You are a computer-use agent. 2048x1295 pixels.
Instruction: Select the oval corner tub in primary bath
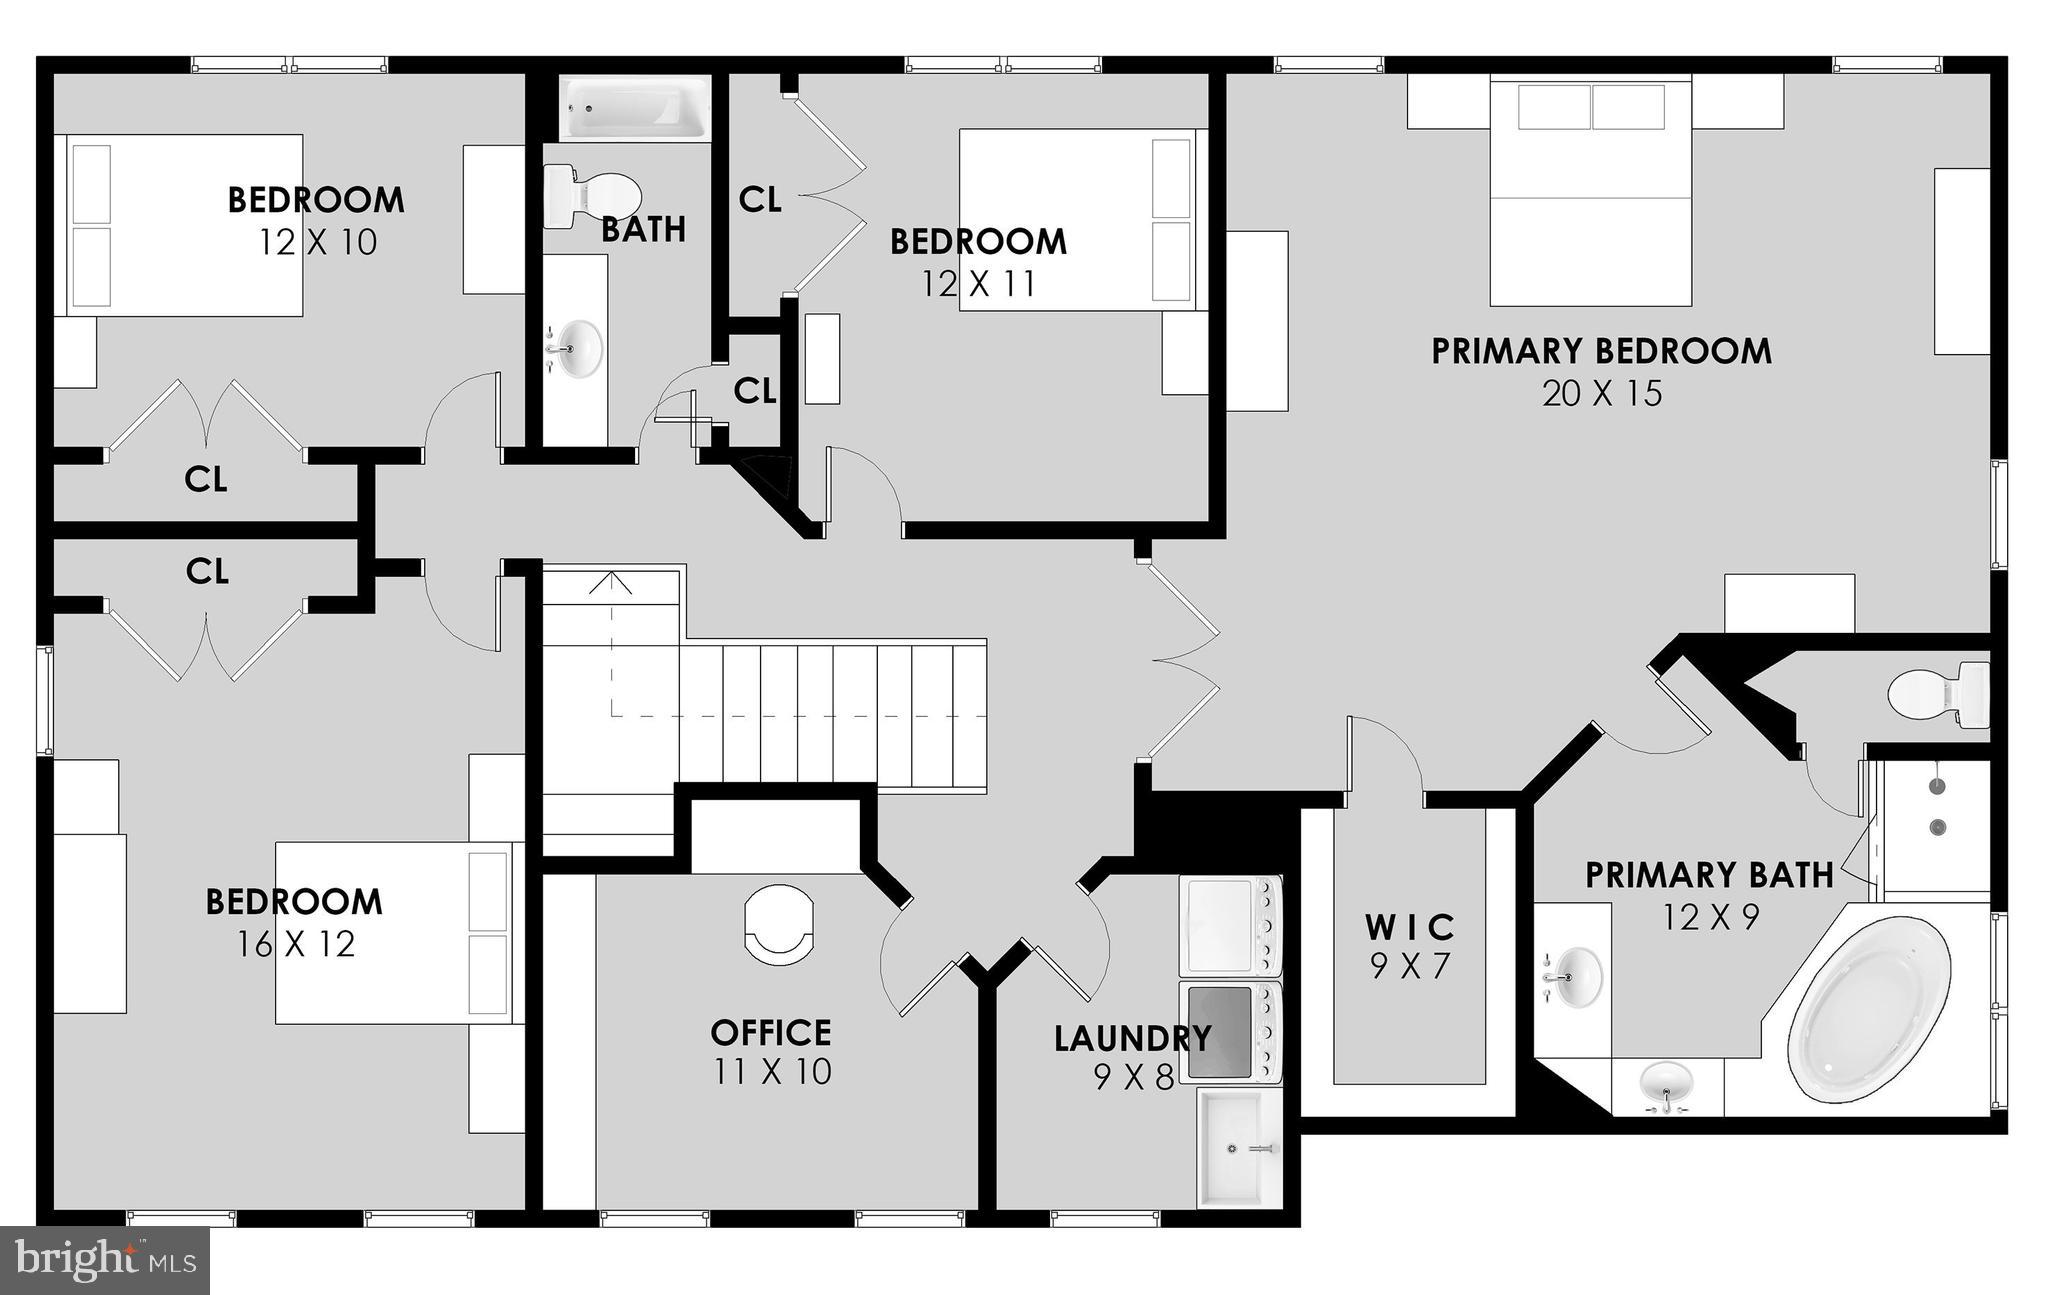click(1868, 1012)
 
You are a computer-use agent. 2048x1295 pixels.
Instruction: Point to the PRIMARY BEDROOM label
click(1601, 351)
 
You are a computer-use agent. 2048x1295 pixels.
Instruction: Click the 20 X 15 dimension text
click(1601, 394)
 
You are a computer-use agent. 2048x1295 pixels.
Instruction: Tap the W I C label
click(1410, 927)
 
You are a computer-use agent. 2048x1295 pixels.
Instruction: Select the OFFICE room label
click(770, 1032)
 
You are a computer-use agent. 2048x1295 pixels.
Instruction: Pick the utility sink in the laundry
click(1239, 1148)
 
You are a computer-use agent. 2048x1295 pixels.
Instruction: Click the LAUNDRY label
click(1132, 1039)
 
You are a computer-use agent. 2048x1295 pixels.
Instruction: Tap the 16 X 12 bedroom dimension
click(296, 944)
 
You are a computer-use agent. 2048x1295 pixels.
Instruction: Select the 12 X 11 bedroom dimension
click(978, 284)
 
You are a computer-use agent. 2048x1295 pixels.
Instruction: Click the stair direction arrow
click(610, 584)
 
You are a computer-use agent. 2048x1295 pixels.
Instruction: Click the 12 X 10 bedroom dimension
click(318, 242)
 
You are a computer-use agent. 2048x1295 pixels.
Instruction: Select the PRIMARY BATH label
click(1709, 875)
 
